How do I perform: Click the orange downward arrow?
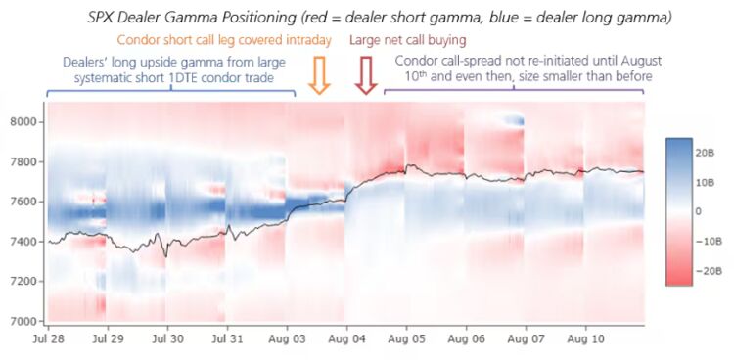coord(319,75)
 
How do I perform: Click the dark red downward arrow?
coord(366,75)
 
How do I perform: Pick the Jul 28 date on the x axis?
coord(48,338)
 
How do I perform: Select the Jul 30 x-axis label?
coord(167,338)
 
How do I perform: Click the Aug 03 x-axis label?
coord(287,338)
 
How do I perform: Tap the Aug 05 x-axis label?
coord(406,338)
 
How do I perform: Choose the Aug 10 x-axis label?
coord(585,338)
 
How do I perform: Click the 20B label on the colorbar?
coord(705,153)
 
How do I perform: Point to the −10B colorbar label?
coord(705,241)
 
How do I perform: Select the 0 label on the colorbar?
coord(699,211)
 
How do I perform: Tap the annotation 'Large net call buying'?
coord(408,40)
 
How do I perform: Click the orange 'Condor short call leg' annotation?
coord(224,40)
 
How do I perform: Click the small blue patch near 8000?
coord(513,119)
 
